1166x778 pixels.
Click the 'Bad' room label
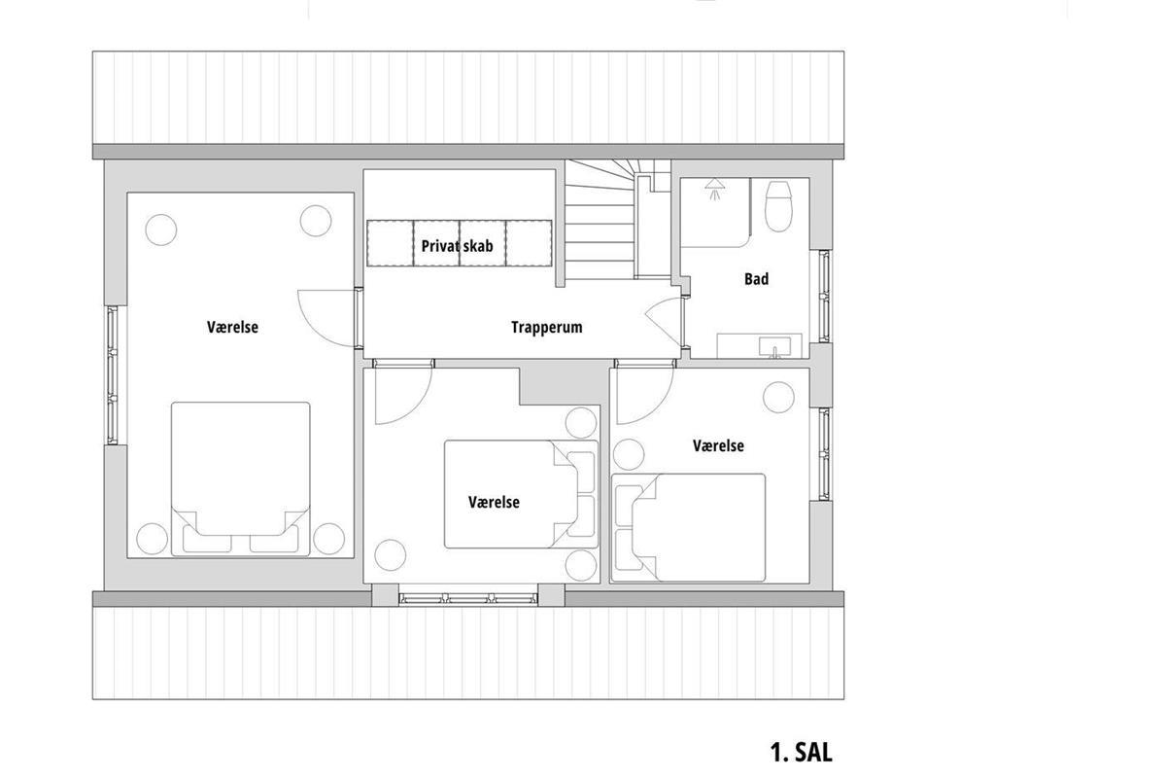756,279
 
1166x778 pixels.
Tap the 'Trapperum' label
546,328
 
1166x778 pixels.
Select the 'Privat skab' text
457,246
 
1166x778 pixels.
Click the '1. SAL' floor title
801,753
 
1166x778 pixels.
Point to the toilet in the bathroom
778,206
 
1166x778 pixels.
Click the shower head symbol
715,188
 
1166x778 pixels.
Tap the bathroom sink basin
774,346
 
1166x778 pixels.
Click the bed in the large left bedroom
241,478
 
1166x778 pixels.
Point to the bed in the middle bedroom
521,494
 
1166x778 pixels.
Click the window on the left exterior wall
113,375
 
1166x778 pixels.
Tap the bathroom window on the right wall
824,296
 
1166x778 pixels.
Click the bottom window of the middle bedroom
468,599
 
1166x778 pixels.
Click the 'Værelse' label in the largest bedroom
232,328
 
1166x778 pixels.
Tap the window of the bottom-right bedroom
824,454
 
